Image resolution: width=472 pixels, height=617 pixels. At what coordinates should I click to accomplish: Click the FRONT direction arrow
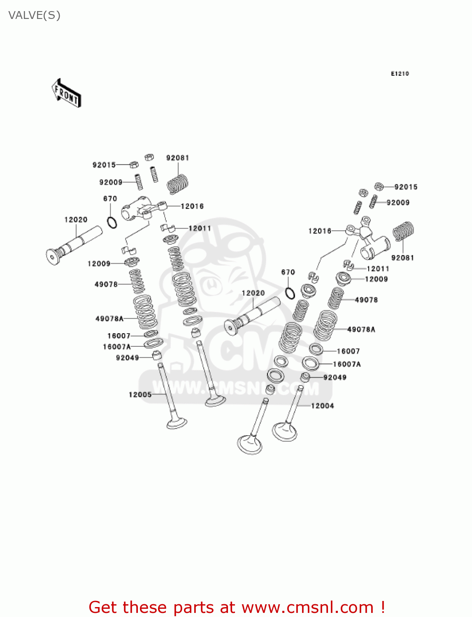(66, 93)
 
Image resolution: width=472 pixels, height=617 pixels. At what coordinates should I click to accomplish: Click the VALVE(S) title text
(35, 16)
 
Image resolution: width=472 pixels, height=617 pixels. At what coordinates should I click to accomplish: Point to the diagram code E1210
(400, 74)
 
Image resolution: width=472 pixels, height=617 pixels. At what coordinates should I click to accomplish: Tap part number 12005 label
(140, 394)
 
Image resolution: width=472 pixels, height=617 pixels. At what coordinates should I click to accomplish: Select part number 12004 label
(322, 406)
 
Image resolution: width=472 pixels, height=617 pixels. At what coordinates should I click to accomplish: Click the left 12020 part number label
(76, 220)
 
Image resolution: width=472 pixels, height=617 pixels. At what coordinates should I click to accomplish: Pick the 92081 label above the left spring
(177, 158)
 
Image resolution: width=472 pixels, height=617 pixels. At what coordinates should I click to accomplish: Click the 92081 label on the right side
(402, 258)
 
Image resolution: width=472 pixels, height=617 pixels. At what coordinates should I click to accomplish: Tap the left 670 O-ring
(112, 223)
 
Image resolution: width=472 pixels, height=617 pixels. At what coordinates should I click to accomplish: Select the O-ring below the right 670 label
(290, 293)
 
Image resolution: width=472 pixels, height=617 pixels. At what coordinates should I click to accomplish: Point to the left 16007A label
(116, 347)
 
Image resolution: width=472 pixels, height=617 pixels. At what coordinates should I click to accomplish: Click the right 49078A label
(361, 329)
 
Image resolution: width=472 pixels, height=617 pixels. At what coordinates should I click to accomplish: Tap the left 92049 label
(127, 358)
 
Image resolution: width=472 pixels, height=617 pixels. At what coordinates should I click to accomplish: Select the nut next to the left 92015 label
(133, 165)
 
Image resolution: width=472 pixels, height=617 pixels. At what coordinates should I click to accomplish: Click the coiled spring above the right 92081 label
(403, 231)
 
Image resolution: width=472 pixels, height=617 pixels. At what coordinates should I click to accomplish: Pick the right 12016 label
(320, 231)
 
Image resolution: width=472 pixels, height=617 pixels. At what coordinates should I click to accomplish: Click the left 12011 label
(200, 228)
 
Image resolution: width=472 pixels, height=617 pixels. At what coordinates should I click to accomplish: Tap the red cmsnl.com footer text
(237, 608)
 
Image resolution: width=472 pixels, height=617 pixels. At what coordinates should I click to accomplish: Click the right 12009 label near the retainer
(376, 279)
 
